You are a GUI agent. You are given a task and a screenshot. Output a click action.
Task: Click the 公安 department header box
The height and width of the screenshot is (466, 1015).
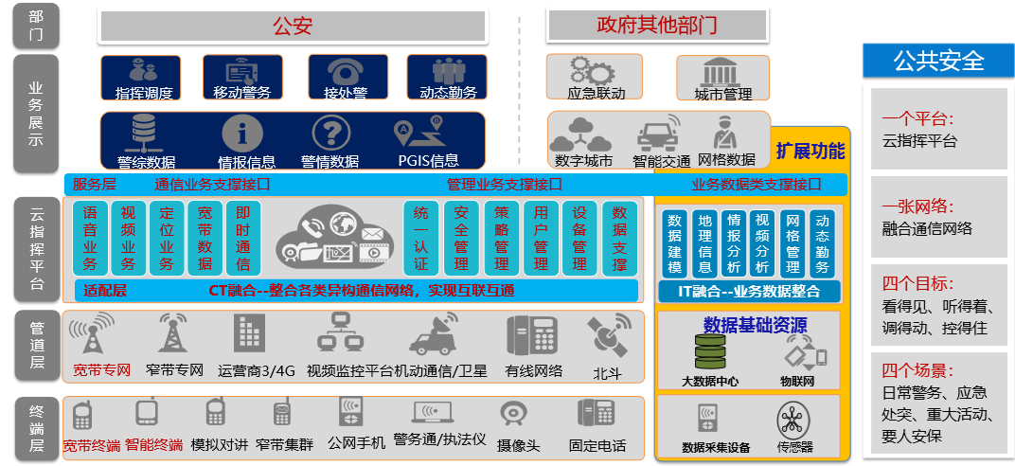[293, 27]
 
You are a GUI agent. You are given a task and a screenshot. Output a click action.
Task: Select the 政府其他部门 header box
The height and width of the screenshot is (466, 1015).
[656, 26]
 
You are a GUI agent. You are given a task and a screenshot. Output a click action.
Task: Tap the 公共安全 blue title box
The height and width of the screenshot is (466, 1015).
[938, 61]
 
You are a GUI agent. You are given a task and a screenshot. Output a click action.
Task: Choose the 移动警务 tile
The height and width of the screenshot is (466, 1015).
[242, 78]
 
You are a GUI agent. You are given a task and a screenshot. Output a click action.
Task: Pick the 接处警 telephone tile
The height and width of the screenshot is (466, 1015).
[347, 78]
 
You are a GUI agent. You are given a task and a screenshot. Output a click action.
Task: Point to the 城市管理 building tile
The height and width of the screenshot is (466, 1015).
[723, 78]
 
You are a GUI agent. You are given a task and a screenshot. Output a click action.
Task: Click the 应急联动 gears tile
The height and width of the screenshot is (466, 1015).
[595, 78]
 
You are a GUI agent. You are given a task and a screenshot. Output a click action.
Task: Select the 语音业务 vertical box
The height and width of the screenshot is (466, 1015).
[90, 238]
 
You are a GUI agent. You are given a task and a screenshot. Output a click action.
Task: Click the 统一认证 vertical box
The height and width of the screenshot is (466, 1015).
[421, 238]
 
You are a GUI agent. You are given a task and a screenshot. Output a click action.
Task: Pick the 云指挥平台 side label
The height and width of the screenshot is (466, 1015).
[36, 250]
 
